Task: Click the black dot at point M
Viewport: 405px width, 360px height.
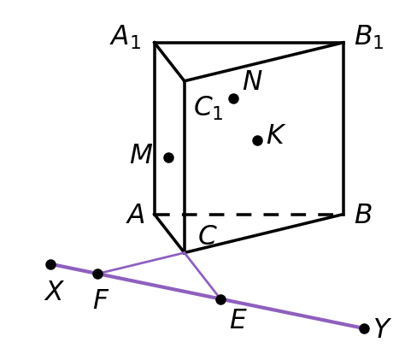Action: [x=168, y=157]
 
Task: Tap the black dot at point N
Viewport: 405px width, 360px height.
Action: [x=233, y=99]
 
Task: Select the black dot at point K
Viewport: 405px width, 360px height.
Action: [x=257, y=140]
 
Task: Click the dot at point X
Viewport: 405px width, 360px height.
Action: [x=50, y=265]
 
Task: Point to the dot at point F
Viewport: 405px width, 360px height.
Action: [x=97, y=274]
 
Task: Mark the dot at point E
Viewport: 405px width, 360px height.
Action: [x=220, y=300]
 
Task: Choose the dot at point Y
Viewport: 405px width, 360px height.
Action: [x=364, y=328]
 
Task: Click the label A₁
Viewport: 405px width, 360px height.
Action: [x=126, y=37]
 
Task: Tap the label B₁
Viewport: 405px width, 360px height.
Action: [x=369, y=37]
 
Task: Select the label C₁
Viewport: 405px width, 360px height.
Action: [x=208, y=108]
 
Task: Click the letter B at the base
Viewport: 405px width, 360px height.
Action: [x=363, y=214]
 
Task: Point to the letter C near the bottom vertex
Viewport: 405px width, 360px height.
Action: [x=208, y=235]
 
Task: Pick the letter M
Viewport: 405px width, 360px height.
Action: [x=141, y=154]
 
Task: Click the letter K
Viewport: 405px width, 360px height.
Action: [x=276, y=134]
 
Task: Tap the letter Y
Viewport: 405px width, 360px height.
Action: [x=383, y=328]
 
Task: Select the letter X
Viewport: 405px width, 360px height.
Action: [x=54, y=291]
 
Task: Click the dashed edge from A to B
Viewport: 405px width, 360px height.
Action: [x=249, y=215]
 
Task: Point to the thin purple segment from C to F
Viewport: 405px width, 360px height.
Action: [x=141, y=263]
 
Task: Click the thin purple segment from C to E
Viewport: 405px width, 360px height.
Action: [x=202, y=276]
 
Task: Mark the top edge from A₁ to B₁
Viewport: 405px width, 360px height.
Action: [x=249, y=43]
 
